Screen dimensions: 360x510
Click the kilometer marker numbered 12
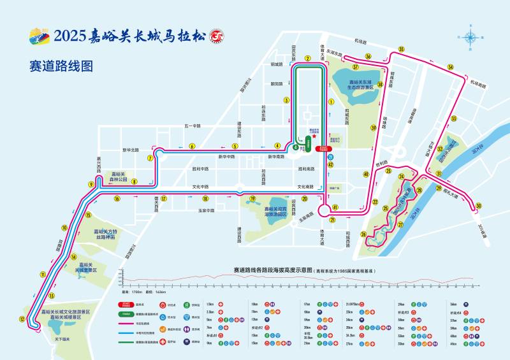[x=23, y=319]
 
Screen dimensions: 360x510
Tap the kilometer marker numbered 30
[x=479, y=206]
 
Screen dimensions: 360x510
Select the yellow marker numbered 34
[x=450, y=67]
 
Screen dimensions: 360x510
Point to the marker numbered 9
[x=92, y=184]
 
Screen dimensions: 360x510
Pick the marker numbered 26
[x=363, y=234]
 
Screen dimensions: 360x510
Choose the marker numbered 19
[x=252, y=199]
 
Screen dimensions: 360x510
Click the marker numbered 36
[x=368, y=57]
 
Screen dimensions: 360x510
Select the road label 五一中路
[x=193, y=126]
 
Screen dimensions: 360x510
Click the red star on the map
[x=314, y=136]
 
